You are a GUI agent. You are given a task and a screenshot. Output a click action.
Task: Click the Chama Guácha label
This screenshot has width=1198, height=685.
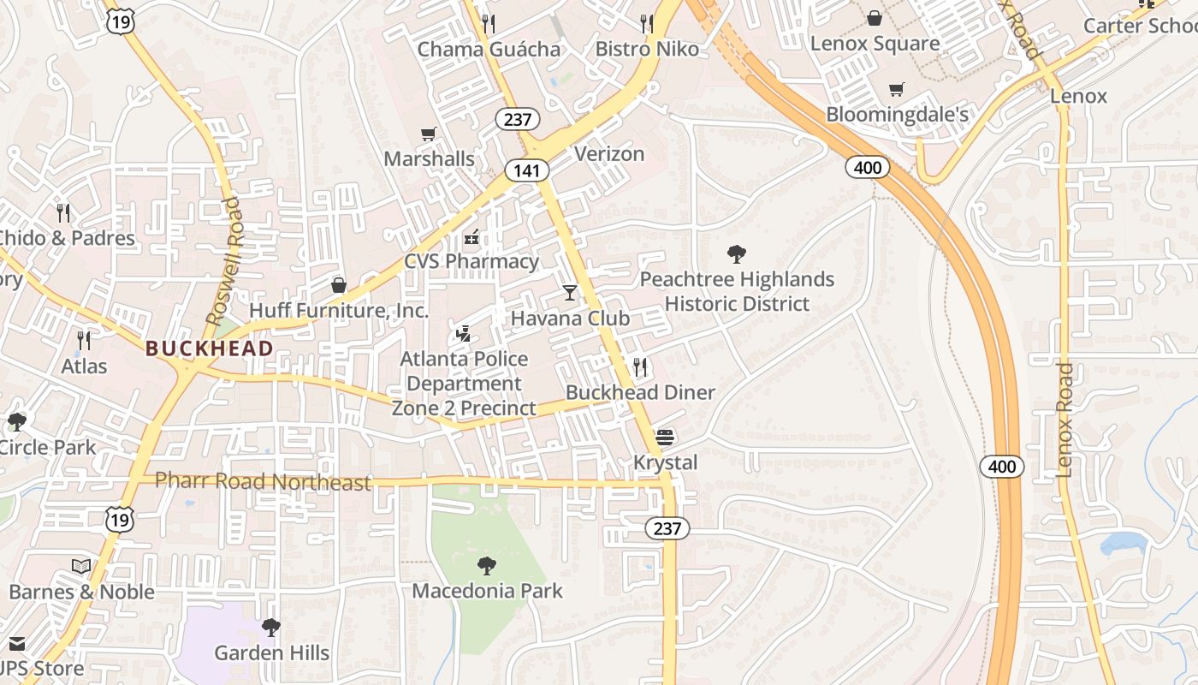pyautogui.click(x=489, y=49)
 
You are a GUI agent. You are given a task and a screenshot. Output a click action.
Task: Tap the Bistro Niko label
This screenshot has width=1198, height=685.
pyautogui.click(x=647, y=49)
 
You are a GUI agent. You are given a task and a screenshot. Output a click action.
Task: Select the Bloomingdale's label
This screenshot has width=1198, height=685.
pyautogui.click(x=897, y=114)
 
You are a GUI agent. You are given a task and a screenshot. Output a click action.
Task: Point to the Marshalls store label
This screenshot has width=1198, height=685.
pyautogui.click(x=429, y=158)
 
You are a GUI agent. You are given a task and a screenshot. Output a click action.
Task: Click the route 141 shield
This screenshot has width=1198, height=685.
pyautogui.click(x=526, y=170)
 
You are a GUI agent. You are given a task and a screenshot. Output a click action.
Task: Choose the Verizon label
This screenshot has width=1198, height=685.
pyautogui.click(x=609, y=154)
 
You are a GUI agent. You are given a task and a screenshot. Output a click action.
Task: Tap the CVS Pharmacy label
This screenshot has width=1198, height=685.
pyautogui.click(x=471, y=261)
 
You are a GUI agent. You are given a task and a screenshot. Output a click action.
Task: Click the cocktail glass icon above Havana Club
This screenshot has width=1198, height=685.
pyautogui.click(x=570, y=293)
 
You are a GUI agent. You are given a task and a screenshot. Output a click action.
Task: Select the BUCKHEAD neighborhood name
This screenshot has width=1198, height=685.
pyautogui.click(x=210, y=348)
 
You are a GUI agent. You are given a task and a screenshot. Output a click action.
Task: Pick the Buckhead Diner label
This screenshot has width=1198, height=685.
pyautogui.click(x=640, y=392)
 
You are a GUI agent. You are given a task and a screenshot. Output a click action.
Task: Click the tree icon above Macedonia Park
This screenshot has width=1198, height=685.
pyautogui.click(x=487, y=565)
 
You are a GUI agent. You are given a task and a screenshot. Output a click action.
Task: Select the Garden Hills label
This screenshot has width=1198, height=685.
pyautogui.click(x=271, y=652)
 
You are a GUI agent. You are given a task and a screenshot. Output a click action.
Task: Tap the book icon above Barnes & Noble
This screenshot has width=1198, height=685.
pyautogui.click(x=81, y=567)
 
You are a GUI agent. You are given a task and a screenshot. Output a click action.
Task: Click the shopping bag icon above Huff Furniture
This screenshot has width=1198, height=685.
pyautogui.click(x=339, y=284)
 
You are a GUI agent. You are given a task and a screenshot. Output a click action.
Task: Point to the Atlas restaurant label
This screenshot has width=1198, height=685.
pyautogui.click(x=84, y=366)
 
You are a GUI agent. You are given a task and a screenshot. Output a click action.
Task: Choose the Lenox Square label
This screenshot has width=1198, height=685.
pyautogui.click(x=875, y=43)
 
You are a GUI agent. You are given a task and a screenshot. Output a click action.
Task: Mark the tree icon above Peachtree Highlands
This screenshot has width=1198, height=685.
pyautogui.click(x=736, y=254)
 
